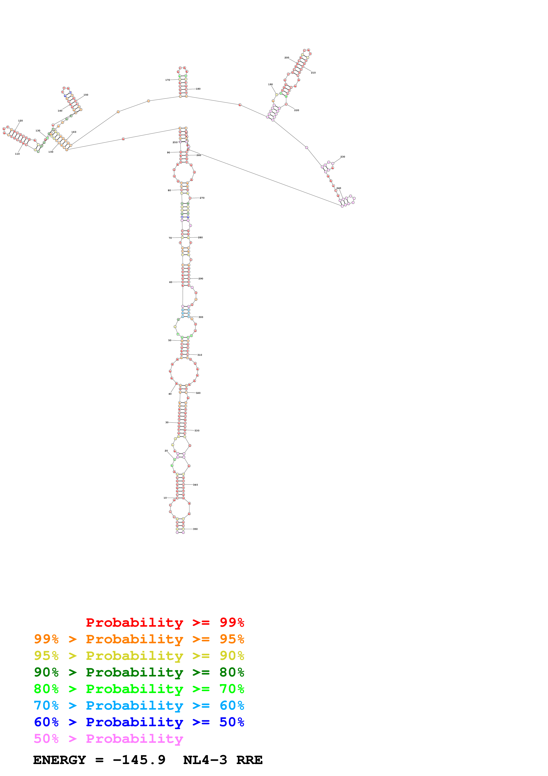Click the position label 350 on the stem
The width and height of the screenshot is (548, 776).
coord(195,529)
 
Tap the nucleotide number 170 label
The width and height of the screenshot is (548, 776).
coord(168,80)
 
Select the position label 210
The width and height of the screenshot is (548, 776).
coord(313,73)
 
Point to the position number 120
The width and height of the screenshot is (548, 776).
coord(20,121)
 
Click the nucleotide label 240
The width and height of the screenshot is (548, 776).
coord(339,188)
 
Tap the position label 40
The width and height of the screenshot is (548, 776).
coord(170,394)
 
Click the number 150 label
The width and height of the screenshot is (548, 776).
coord(86,95)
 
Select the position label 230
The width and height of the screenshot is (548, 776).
coord(343,157)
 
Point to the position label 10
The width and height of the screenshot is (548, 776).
coord(165,498)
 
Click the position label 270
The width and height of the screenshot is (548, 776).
coord(202,198)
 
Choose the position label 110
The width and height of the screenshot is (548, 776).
coord(17,154)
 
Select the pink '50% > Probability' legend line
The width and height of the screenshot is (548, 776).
coord(108,739)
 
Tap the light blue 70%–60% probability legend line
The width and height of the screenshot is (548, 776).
coord(139,706)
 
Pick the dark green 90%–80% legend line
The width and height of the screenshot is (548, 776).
coord(139,672)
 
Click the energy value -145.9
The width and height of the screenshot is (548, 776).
coord(139,760)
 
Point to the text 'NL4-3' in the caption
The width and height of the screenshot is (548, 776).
coord(205,760)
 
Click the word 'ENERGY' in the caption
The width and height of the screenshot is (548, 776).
coord(59,760)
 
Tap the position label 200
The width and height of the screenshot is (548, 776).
coord(287,58)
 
